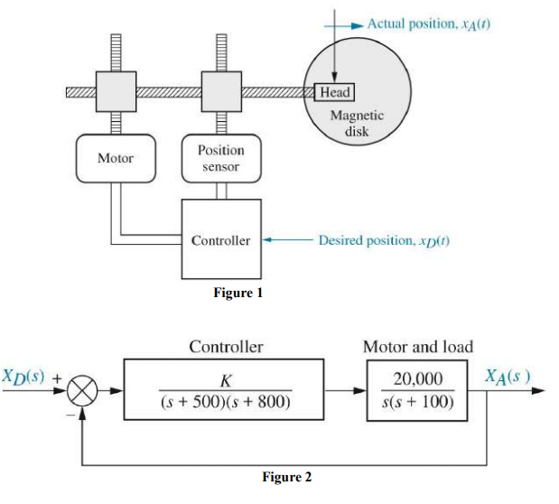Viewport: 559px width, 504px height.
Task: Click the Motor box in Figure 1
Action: click(x=115, y=158)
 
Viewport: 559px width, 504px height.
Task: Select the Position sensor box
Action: click(x=220, y=158)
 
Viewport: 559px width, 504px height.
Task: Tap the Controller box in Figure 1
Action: click(x=221, y=240)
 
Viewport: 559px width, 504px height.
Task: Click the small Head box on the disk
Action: click(x=335, y=92)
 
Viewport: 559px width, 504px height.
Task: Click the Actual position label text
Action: click(x=429, y=21)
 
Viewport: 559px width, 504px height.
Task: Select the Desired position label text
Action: click(x=384, y=241)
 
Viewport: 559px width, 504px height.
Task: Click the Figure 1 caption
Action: click(x=238, y=293)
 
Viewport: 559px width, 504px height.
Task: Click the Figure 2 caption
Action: click(x=286, y=477)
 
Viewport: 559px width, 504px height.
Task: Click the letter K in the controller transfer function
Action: click(x=224, y=380)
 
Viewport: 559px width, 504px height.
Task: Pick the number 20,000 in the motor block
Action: click(x=416, y=380)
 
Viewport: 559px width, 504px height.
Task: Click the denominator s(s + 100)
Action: click(x=416, y=401)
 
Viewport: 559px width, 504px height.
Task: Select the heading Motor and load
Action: click(x=417, y=347)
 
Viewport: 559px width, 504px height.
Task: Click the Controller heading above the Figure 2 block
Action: click(x=226, y=347)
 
